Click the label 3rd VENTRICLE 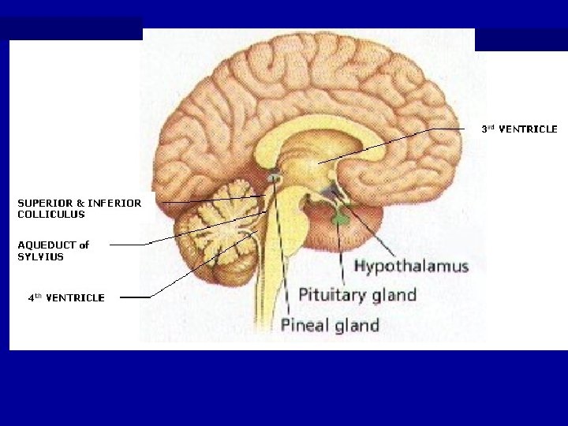click(x=519, y=129)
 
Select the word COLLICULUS click(x=51, y=214)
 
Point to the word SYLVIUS click(x=40, y=256)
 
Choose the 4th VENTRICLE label click(x=66, y=297)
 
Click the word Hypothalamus click(x=411, y=267)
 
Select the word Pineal click(x=304, y=325)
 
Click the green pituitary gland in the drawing click(x=340, y=218)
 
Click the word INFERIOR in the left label click(x=115, y=203)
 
